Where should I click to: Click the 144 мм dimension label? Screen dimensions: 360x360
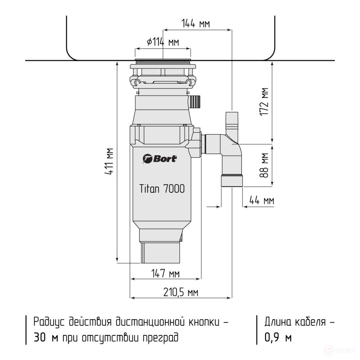coord(196,24)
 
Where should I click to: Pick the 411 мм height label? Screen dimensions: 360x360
coord(108,162)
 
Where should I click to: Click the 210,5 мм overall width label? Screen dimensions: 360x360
coord(181,292)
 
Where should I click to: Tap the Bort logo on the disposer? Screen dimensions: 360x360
coord(160,158)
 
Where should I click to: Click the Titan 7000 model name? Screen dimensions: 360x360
coord(162,189)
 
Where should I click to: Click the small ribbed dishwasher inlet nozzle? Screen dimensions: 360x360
coord(195,100)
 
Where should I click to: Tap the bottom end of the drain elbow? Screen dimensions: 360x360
coord(232,181)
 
